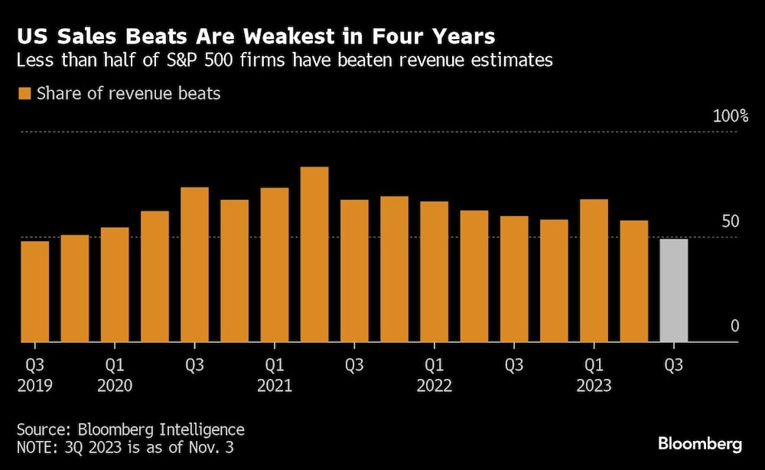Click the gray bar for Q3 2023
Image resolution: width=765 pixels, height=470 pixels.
coord(673,291)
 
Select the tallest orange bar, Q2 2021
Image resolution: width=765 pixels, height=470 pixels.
coord(314,254)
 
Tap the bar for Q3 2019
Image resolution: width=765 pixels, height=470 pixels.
coord(34,292)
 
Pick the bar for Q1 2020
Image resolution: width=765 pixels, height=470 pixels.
coord(115,285)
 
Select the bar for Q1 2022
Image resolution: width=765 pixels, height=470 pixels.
coord(434,272)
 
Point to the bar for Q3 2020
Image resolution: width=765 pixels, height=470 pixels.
coord(194,264)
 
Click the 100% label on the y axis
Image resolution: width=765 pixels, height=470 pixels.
coord(730,116)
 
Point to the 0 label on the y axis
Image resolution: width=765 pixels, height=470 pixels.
coord(734,326)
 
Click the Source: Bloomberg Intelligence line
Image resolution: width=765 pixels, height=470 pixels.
coord(132,429)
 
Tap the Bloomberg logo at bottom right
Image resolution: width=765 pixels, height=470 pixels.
coord(700,444)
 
